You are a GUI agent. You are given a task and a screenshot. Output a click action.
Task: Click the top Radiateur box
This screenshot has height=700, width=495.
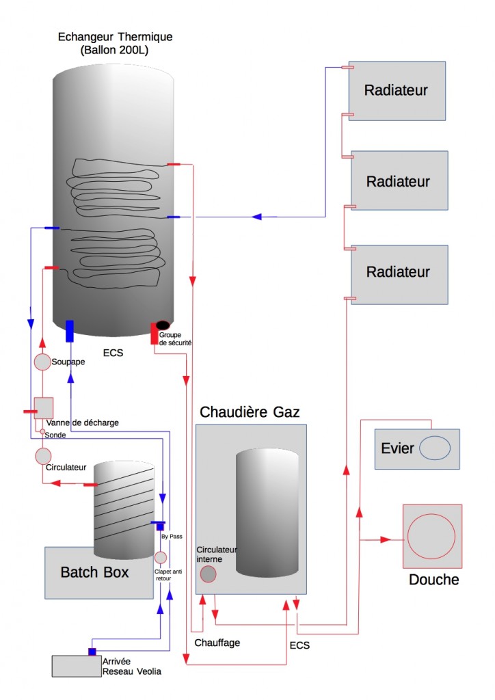[397, 91]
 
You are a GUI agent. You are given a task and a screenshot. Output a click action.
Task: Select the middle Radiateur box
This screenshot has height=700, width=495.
[399, 180]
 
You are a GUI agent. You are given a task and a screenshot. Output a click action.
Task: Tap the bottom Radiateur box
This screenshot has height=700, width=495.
[399, 273]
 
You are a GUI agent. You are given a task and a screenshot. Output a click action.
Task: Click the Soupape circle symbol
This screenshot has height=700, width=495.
[42, 361]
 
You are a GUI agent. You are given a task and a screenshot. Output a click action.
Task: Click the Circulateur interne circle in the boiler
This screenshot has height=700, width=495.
[208, 574]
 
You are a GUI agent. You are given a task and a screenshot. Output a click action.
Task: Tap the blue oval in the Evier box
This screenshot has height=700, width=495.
[435, 448]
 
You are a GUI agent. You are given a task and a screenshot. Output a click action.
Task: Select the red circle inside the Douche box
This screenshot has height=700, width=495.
[432, 537]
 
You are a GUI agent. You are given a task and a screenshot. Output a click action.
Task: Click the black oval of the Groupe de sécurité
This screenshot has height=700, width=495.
[163, 325]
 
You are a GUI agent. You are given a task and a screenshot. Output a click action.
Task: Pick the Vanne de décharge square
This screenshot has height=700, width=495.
[44, 408]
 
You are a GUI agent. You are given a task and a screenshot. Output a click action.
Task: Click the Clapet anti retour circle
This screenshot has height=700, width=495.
[161, 558]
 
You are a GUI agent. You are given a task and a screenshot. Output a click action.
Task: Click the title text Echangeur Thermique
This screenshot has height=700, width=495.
[116, 37]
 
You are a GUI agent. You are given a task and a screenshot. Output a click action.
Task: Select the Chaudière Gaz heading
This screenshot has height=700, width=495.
[250, 412]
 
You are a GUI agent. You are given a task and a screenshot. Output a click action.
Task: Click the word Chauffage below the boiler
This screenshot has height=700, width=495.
[217, 643]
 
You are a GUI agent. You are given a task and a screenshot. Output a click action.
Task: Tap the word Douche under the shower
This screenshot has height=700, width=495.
[433, 580]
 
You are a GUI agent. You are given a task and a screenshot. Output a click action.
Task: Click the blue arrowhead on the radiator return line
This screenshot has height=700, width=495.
[257, 217]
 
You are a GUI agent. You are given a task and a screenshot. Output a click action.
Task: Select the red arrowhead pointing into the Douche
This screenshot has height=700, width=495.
[386, 539]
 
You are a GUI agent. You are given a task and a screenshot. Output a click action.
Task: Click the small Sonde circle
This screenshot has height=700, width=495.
[42, 432]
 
